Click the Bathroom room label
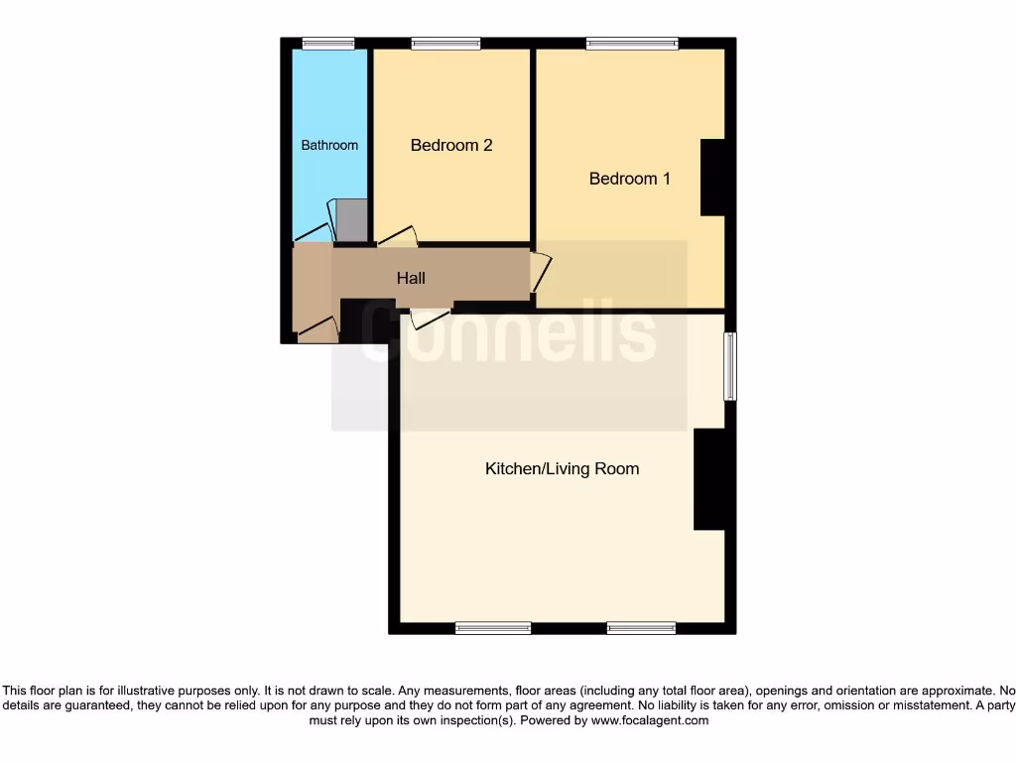[x=329, y=145]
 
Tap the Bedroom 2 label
[x=451, y=145]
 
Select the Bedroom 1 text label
[x=630, y=179]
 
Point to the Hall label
[x=411, y=278]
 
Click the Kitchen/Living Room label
[x=562, y=468]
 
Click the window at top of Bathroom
[x=328, y=43]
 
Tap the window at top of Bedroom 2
[x=445, y=43]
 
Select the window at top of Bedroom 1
[x=632, y=43]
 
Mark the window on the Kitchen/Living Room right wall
[x=730, y=366]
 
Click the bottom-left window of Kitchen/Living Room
[x=493, y=627]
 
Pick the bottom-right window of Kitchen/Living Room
[x=641, y=627]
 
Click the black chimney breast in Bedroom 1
[x=712, y=177]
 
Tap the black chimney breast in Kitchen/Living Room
[x=708, y=479]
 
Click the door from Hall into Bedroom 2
[x=398, y=236]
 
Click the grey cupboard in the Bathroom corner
[x=351, y=220]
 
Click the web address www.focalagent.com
[x=649, y=720]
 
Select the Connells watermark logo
[x=508, y=332]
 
